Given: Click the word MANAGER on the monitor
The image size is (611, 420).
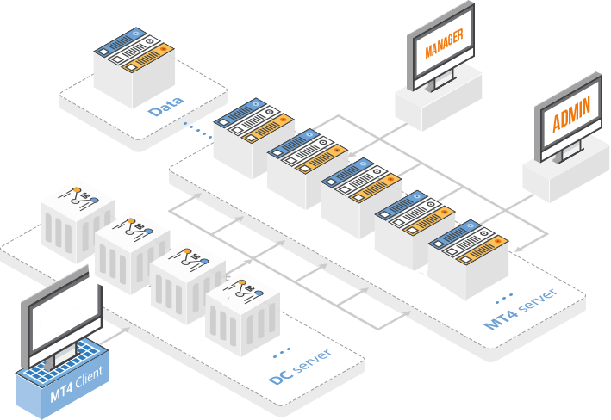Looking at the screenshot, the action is pyautogui.click(x=444, y=43).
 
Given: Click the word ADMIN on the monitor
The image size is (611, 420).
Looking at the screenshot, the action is pyautogui.click(x=571, y=114).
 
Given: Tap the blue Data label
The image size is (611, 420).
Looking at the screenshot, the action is pyautogui.click(x=165, y=106).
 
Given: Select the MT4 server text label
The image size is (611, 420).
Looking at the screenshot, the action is pyautogui.click(x=521, y=308).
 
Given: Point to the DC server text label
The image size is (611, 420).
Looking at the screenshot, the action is pyautogui.click(x=300, y=367).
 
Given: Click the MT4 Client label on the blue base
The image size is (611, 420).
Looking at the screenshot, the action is pyautogui.click(x=77, y=383).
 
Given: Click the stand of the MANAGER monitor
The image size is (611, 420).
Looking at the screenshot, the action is pyautogui.click(x=441, y=81).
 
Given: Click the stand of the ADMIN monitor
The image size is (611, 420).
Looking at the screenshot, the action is pyautogui.click(x=569, y=151).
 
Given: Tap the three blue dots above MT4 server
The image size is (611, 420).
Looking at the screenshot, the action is pyautogui.click(x=504, y=299).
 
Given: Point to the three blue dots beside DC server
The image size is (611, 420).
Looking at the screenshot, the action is pyautogui.click(x=281, y=352).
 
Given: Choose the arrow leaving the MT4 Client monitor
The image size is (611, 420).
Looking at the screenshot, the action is pyautogui.click(x=115, y=336).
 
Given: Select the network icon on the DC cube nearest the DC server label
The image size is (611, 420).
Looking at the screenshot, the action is pyautogui.click(x=245, y=289).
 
